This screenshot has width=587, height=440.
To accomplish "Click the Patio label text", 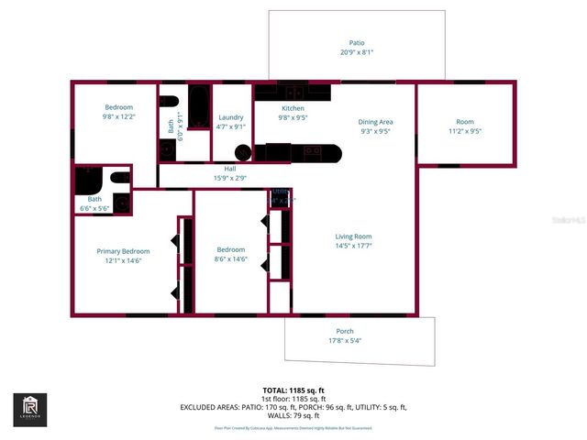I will coord(357,43).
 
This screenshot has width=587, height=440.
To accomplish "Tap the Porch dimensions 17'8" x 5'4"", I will coord(345,341).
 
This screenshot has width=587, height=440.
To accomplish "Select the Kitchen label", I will coord(292,108).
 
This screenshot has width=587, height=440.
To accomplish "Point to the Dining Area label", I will coord(374,122).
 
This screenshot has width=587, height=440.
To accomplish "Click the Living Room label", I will coord(353,236).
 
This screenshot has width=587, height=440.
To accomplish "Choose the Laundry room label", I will coord(230,117).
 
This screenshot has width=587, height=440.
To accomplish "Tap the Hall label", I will coord(230,169).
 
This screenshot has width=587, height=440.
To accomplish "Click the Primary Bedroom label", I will coord(123,251).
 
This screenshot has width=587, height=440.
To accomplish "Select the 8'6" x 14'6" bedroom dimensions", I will coord(230,259).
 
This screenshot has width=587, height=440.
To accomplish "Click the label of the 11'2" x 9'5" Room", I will coord(465,122).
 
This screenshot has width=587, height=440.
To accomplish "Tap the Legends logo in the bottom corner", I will coord(30,409).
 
